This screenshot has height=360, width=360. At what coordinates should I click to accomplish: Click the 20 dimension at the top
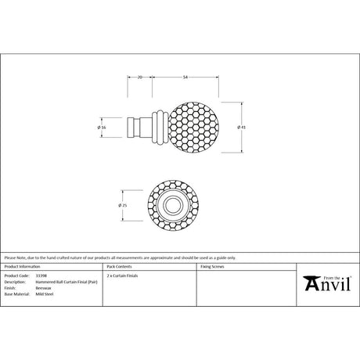[139, 77]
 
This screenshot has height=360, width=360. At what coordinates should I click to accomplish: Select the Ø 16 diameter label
[102, 126]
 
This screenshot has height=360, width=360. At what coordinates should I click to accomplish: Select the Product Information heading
[21, 267]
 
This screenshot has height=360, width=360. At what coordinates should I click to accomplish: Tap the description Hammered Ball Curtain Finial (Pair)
[66, 282]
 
